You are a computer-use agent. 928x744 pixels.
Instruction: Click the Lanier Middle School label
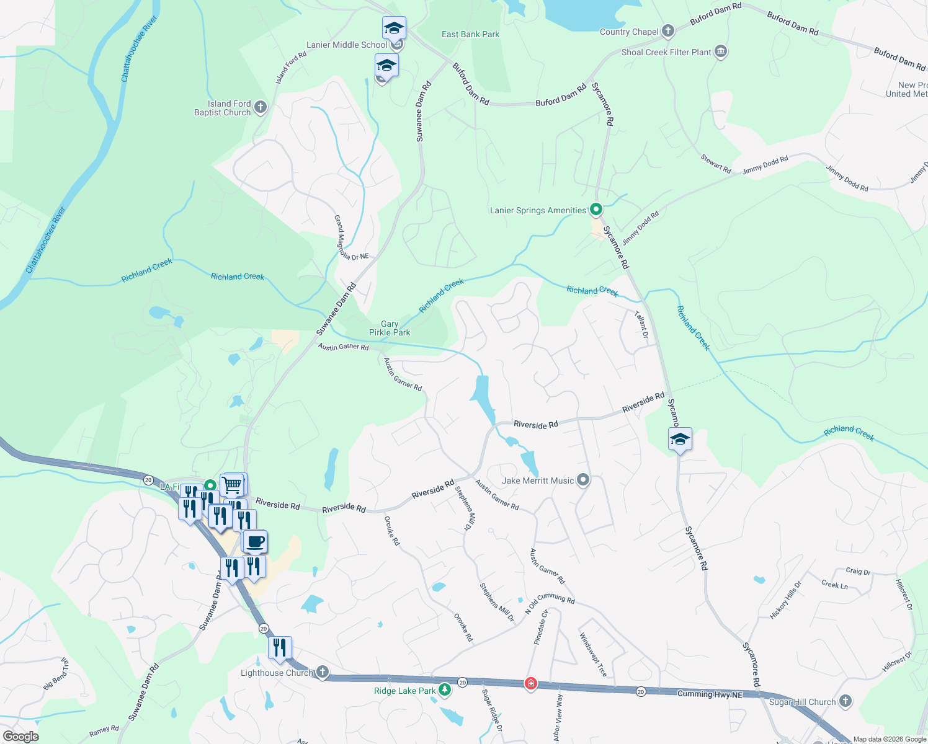(347, 45)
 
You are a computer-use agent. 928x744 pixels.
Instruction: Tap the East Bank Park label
(470, 34)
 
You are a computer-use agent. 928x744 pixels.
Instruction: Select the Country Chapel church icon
(667, 30)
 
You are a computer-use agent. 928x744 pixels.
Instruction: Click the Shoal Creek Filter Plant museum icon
(720, 51)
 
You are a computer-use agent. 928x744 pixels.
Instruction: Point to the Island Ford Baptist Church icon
(261, 107)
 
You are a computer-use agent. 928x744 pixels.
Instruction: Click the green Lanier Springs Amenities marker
(596, 210)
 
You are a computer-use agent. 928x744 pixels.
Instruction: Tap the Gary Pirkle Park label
(390, 328)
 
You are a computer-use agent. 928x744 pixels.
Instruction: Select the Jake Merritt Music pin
(582, 480)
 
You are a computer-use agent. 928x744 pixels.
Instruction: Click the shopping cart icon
(232, 484)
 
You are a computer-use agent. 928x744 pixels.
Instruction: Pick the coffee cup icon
(254, 541)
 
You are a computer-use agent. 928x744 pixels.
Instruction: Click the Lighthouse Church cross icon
(322, 671)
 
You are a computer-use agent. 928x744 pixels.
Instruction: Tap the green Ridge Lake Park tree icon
(444, 689)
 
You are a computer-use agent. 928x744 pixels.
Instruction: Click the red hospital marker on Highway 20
(530, 683)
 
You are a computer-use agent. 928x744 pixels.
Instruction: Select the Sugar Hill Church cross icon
(845, 701)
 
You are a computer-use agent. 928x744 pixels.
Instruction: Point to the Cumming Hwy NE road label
(710, 694)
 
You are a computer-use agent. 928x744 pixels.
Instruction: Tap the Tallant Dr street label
(642, 325)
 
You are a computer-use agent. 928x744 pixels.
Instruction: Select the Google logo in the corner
(20, 736)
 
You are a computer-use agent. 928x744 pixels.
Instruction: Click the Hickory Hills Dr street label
(785, 600)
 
